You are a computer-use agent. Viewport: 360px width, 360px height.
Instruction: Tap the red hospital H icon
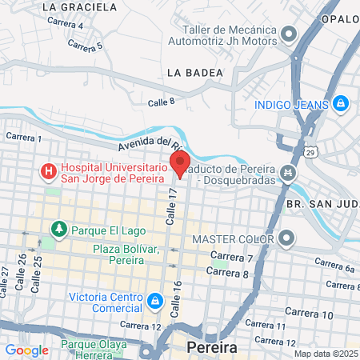[49, 170]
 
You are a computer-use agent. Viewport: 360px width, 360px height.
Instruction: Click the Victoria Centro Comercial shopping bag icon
[154, 301]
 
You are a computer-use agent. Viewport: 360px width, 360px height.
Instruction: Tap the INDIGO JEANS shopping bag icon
[342, 103]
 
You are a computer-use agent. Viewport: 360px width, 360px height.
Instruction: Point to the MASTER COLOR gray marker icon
[288, 238]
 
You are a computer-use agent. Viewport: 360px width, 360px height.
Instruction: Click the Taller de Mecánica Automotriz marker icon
[289, 34]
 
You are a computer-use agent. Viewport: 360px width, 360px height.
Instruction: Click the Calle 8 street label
[161, 102]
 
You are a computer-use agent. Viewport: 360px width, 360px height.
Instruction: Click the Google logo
[27, 350]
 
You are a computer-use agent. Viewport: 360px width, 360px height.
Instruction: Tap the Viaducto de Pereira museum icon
[287, 172]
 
